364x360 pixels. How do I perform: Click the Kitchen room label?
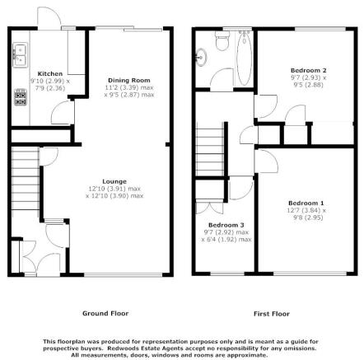[50, 73]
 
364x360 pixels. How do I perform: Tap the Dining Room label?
[129, 80]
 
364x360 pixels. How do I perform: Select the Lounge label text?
[114, 181]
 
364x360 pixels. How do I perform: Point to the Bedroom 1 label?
[306, 203]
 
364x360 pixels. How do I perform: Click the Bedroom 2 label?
[309, 70]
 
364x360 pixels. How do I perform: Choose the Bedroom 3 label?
[226, 225]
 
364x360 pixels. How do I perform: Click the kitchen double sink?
[20, 55]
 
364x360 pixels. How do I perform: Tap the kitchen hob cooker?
[21, 97]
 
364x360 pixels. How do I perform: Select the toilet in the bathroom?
[222, 40]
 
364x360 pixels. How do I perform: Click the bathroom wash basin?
[201, 58]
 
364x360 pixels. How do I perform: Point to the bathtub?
[244, 58]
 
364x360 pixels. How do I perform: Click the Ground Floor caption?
[105, 313]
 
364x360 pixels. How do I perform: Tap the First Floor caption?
[272, 314]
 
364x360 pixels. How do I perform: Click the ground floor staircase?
[26, 179]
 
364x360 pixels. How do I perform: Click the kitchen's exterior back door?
[49, 18]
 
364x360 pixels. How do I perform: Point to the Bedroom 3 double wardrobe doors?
[209, 208]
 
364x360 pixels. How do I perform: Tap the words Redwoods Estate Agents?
[145, 348]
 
